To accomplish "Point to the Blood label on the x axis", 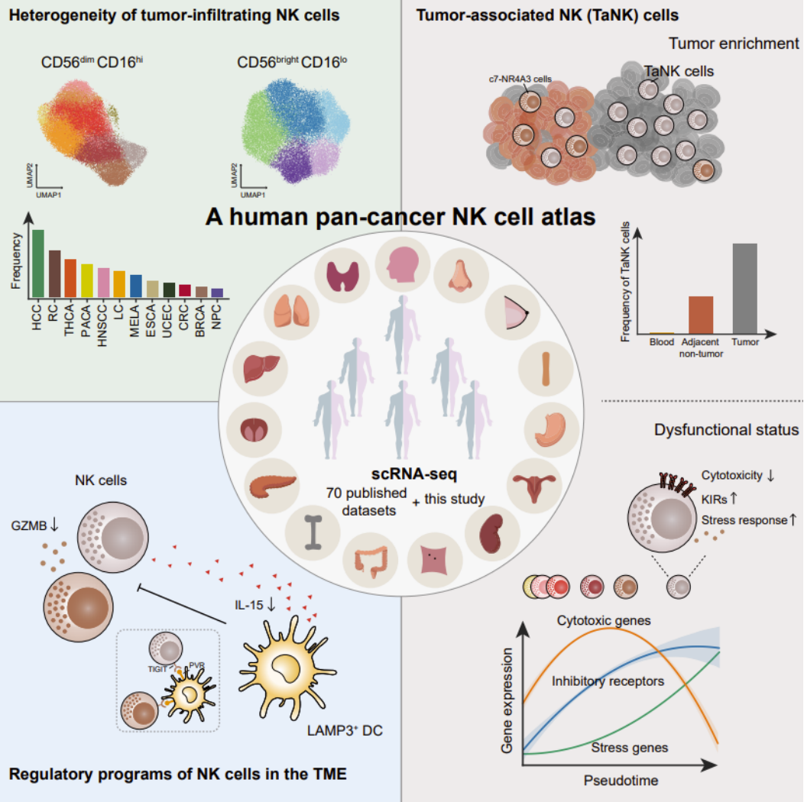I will pos(661,342).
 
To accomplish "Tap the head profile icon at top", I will pos(403,260).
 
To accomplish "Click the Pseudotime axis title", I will pos(621,780).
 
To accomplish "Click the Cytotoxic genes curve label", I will pos(604,620).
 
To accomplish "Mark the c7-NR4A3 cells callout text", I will pos(520,78).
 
